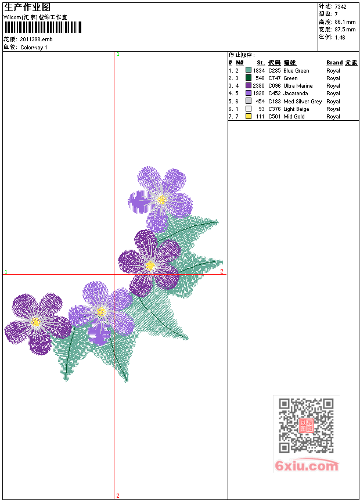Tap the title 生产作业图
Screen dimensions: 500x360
tap(27, 8)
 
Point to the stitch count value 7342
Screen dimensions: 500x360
tap(341, 6)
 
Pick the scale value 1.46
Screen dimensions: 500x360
tap(340, 37)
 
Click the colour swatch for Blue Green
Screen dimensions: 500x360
tap(249, 71)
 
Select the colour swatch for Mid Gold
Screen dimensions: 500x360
tap(249, 117)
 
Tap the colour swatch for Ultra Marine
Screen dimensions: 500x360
tap(249, 86)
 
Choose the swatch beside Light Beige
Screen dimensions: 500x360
tap(249, 109)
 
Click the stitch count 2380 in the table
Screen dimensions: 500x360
tap(258, 86)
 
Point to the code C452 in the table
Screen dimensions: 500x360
tap(275, 93)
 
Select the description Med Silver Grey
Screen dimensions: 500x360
tap(303, 102)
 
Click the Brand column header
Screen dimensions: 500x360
tap(334, 63)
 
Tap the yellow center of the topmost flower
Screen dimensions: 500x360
tap(162, 199)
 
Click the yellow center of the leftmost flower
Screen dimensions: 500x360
tap(36, 321)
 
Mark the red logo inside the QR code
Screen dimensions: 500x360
tap(306, 426)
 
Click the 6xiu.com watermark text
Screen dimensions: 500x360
tap(307, 466)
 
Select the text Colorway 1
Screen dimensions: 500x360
tap(34, 48)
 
